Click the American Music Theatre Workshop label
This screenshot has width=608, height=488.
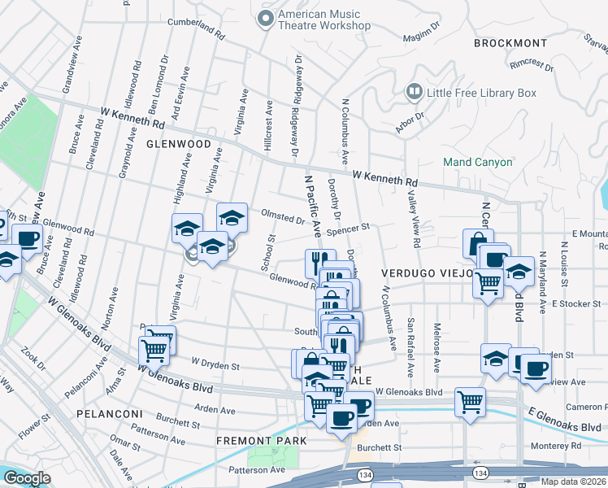324,20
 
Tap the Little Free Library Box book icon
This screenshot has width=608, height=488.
415,93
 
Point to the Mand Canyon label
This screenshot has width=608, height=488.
477,162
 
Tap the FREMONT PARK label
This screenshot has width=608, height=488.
261,441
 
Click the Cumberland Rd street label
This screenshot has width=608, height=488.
197,32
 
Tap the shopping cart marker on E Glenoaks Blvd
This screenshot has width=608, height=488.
470,401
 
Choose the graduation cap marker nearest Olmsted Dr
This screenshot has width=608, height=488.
232,216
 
